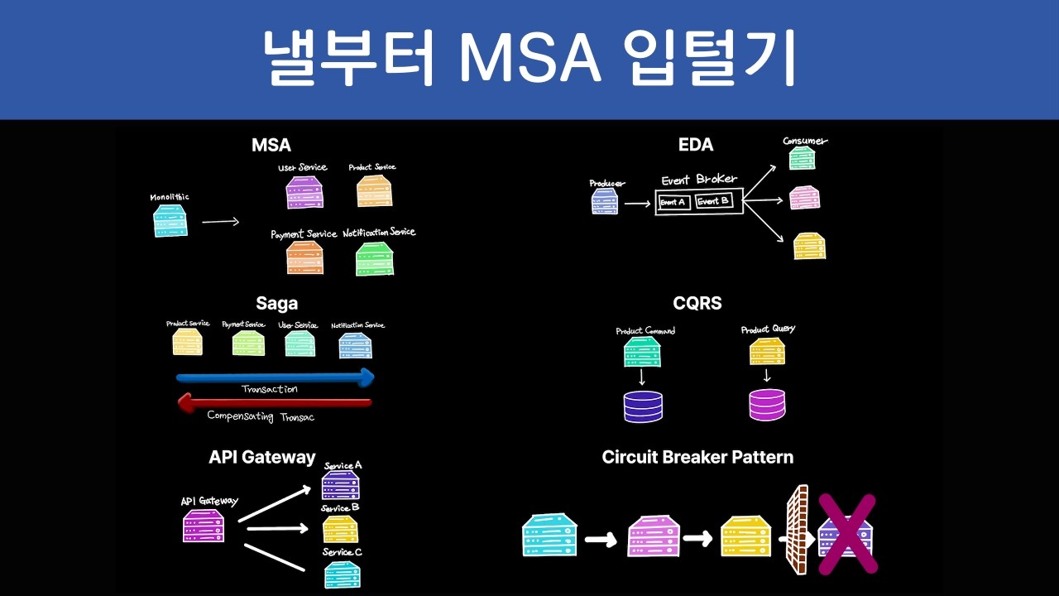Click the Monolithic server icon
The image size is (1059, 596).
170,221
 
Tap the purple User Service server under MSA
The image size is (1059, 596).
304,192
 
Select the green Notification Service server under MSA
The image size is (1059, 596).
375,258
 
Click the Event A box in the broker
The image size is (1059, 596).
673,202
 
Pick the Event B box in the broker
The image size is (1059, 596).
713,201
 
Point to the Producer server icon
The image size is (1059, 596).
605,201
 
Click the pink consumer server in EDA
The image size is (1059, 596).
804,198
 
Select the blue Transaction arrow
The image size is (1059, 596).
276,378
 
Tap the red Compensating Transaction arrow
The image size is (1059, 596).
275,403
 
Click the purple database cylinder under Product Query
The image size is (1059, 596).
767,405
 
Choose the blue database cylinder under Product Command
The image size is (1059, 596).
643,406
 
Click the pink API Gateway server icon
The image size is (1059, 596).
204,526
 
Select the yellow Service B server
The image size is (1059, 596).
340,529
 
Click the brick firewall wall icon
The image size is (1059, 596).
796,530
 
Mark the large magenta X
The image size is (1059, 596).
847,534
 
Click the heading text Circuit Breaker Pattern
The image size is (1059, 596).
697,457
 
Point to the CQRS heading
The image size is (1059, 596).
697,303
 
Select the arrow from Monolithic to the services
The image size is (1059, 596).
220,221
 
